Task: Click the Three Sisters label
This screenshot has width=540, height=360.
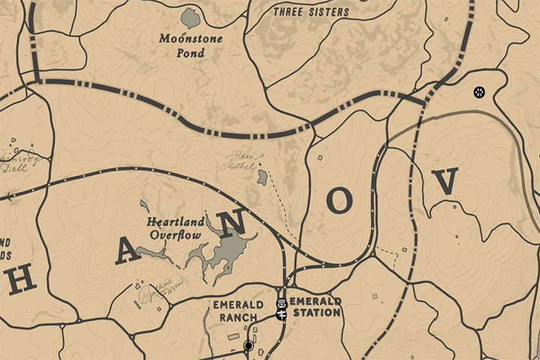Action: (x=311, y=12)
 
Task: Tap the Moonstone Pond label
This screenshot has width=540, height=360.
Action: (x=190, y=45)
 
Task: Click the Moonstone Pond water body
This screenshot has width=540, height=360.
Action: (x=191, y=18)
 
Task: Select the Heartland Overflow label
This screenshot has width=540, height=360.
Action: (x=175, y=229)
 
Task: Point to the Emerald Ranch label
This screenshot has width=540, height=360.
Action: (x=238, y=311)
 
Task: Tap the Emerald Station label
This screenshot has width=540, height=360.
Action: (x=316, y=306)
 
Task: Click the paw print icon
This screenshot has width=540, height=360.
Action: (x=478, y=92)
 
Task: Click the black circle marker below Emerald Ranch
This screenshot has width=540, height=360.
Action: (x=249, y=346)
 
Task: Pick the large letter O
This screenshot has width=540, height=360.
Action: (x=339, y=200)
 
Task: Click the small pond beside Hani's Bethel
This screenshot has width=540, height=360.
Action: (x=262, y=178)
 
